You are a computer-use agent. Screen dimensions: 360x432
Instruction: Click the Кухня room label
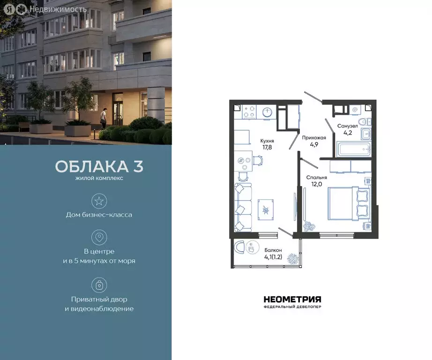[267, 140]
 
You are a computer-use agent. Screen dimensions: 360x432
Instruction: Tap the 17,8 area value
[267, 147]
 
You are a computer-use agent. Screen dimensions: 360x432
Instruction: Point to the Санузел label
[348, 126]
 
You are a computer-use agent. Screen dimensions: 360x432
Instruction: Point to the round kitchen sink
[267, 112]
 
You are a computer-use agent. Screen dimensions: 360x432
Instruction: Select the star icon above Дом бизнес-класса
[99, 201]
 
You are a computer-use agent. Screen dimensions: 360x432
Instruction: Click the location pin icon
[99, 237]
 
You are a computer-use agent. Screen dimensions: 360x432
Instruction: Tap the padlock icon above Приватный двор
[99, 285]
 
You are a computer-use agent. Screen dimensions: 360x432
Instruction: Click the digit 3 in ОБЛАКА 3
[138, 166]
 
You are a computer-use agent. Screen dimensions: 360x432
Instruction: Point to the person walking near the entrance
[104, 117]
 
